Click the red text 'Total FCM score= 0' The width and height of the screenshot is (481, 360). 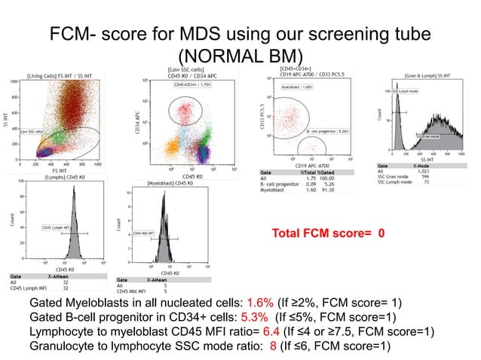pos(332,233)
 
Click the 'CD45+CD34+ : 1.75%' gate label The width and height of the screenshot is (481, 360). pos(195,85)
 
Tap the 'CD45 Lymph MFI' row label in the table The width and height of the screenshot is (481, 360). pos(26,287)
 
